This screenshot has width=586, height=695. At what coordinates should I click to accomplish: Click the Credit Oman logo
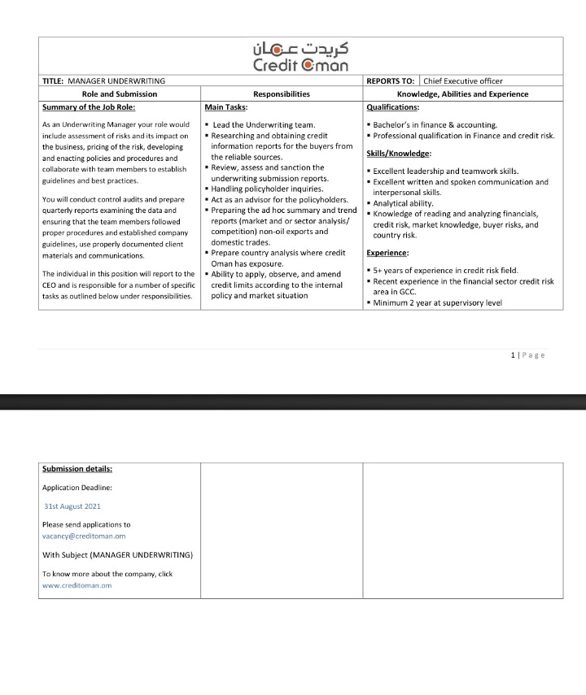pyautogui.click(x=300, y=56)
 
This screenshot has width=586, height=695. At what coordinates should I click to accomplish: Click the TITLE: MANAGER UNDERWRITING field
pyautogui.click(x=103, y=81)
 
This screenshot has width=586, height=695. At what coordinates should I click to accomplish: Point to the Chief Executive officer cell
pyautogui.click(x=462, y=81)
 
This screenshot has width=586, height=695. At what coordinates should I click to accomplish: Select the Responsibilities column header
pyautogui.click(x=282, y=94)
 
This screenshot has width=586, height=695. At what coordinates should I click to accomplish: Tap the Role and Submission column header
pyautogui.click(x=120, y=94)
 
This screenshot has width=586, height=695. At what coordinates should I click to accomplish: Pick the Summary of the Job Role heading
pyautogui.click(x=89, y=106)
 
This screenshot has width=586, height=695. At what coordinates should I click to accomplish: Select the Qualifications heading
pyautogui.click(x=393, y=106)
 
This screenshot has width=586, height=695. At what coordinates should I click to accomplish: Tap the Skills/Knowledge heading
pyautogui.click(x=399, y=154)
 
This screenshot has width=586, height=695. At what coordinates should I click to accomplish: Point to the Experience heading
pyautogui.click(x=387, y=253)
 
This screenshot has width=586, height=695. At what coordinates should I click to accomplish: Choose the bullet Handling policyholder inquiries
pyautogui.click(x=262, y=189)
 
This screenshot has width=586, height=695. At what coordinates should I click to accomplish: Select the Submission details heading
pyautogui.click(x=77, y=469)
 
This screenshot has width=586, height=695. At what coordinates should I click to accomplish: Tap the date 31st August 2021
pyautogui.click(x=72, y=506)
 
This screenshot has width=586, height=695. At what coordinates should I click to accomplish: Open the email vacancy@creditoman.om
pyautogui.click(x=84, y=536)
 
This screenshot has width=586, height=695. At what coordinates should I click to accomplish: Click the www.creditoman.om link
pyautogui.click(x=77, y=585)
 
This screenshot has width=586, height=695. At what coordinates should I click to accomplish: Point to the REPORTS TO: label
pyautogui.click(x=391, y=81)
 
